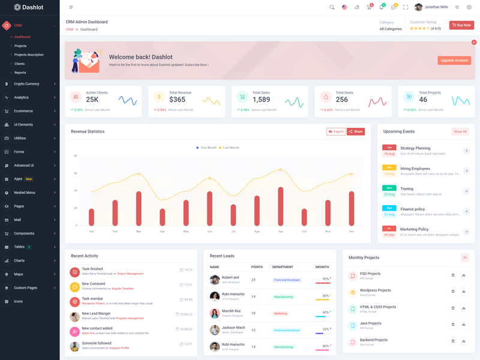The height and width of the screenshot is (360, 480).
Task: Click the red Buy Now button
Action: click(461, 25)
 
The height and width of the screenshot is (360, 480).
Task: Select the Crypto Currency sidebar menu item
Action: click(27, 84)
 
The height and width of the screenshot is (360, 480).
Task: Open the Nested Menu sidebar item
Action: click(25, 193)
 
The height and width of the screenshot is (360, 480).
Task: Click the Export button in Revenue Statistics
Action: click(336, 131)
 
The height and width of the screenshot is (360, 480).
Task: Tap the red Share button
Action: click(356, 131)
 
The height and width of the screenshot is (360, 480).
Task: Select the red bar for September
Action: click(281, 206)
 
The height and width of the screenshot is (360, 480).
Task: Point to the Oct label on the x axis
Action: click(304, 231)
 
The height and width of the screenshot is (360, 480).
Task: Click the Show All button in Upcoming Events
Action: click(460, 131)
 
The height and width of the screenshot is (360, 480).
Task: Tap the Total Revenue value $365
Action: click(178, 100)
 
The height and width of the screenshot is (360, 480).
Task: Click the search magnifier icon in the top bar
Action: click(332, 7)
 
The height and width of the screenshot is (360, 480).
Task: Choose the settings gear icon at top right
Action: click(469, 7)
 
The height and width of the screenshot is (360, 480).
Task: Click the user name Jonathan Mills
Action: click(436, 7)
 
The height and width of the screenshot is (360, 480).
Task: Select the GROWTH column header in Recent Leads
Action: click(322, 266)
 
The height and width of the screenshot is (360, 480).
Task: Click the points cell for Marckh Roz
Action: click(254, 313)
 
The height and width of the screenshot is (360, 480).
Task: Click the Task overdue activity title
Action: click(92, 298)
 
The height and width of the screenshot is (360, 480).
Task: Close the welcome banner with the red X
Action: click(474, 43)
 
